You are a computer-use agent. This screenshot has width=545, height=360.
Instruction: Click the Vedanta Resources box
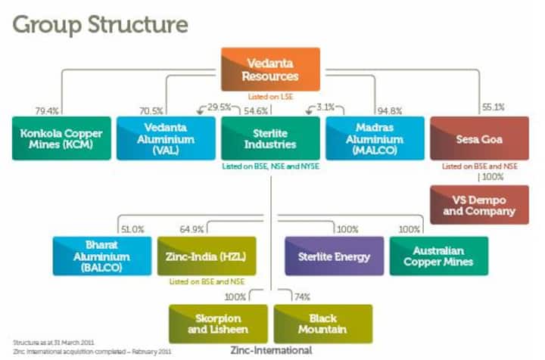click(270, 69)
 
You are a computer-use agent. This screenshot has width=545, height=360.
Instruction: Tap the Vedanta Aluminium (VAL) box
click(166, 138)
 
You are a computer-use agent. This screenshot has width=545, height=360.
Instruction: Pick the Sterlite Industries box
click(270, 138)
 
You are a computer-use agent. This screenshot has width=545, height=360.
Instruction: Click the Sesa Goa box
click(479, 138)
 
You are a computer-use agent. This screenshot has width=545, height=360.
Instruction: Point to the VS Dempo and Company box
click(479, 205)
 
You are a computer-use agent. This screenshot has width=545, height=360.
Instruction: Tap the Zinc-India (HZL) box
click(206, 256)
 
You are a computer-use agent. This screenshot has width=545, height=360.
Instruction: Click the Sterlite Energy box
click(333, 256)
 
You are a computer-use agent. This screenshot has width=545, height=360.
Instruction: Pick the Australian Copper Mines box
click(438, 256)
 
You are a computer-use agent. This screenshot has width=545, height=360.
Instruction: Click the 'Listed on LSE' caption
click(270, 96)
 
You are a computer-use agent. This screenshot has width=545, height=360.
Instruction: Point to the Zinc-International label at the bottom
click(271, 352)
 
